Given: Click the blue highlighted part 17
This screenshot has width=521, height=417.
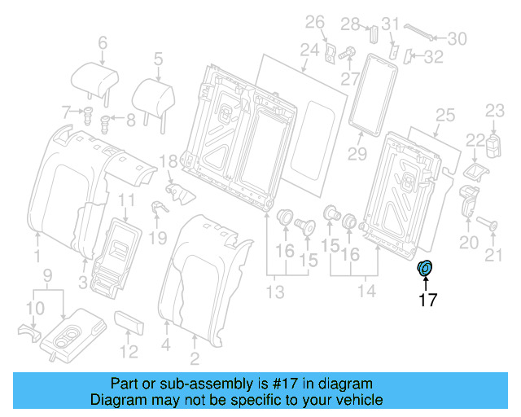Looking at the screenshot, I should point(426,269).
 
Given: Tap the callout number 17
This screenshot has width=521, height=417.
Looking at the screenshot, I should point(427,300).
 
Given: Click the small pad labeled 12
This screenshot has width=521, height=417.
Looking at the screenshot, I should point(130,323).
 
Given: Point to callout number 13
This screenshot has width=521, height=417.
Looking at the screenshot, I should point(278,292).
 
